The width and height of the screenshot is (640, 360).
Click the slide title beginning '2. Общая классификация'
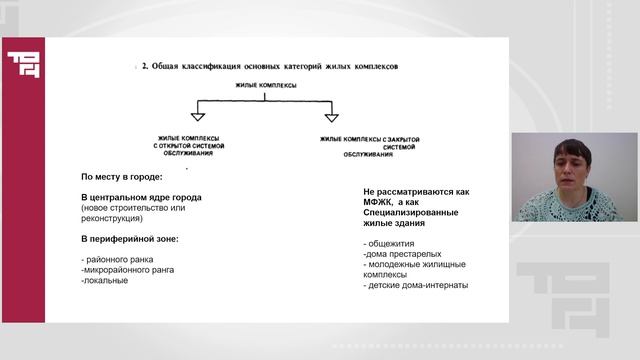point(269,68)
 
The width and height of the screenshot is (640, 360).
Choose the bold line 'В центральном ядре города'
point(141,197)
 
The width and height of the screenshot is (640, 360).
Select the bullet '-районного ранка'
point(115,261)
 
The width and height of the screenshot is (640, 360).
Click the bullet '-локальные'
point(105,281)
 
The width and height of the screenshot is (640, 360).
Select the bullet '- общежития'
point(391,243)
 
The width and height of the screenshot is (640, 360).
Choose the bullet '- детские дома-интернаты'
point(416,286)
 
